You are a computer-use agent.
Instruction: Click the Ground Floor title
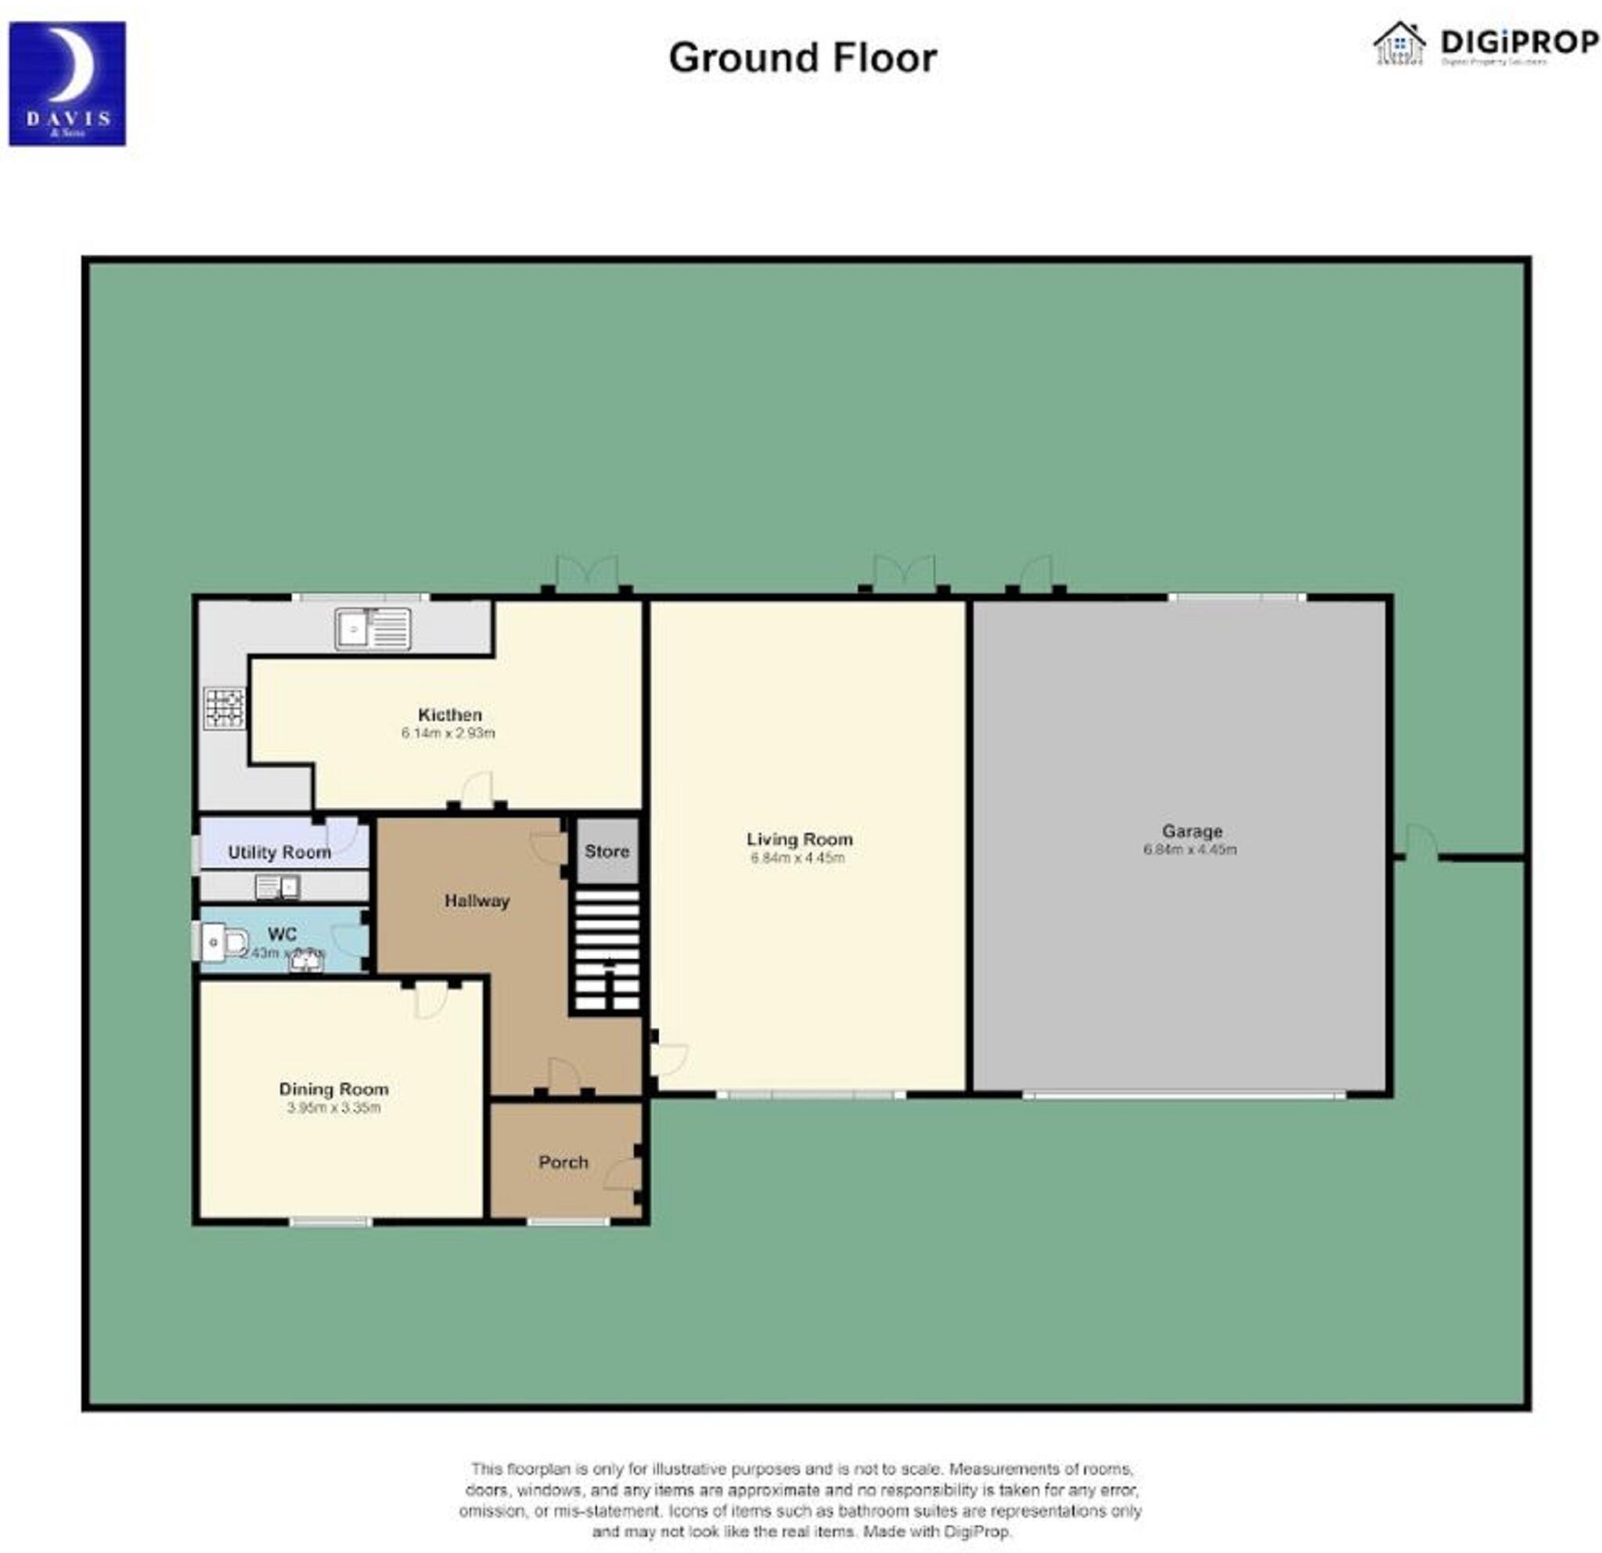click(x=802, y=58)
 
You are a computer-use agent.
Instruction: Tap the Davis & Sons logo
click(x=67, y=85)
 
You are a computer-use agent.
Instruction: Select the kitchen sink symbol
click(x=373, y=629)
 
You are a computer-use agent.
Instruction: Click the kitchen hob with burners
click(x=225, y=708)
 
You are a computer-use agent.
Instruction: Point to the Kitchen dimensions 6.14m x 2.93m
click(x=448, y=733)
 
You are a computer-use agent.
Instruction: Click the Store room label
click(x=607, y=851)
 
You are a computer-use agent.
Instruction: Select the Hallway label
click(x=477, y=901)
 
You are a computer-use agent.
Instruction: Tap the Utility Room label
click(x=279, y=852)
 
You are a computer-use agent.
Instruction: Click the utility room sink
click(x=277, y=886)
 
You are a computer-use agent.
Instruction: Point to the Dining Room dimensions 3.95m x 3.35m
click(x=333, y=1108)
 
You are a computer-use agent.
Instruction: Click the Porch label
click(x=563, y=1162)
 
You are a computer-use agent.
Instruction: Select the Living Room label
click(x=798, y=839)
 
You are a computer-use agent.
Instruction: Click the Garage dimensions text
click(x=1190, y=850)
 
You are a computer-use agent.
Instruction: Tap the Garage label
click(x=1192, y=831)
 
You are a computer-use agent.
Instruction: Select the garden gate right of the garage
click(x=1420, y=843)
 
